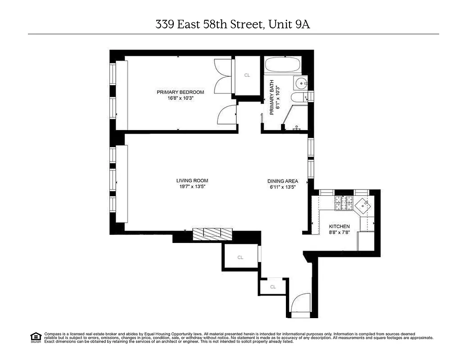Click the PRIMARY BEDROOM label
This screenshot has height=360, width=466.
180,92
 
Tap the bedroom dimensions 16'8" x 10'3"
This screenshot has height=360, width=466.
180,99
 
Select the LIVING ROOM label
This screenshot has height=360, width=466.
192,181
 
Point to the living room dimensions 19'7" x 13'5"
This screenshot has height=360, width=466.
192,187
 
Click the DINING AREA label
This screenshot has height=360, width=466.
283,181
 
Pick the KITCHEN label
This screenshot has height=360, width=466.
339,226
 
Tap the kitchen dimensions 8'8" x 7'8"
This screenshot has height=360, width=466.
339,232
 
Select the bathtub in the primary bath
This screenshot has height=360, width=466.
282,66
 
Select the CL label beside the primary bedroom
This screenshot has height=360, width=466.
247,75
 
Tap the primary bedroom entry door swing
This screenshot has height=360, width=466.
227,115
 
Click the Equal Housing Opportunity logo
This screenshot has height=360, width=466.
36,337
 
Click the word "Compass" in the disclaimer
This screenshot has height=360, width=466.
52,334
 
